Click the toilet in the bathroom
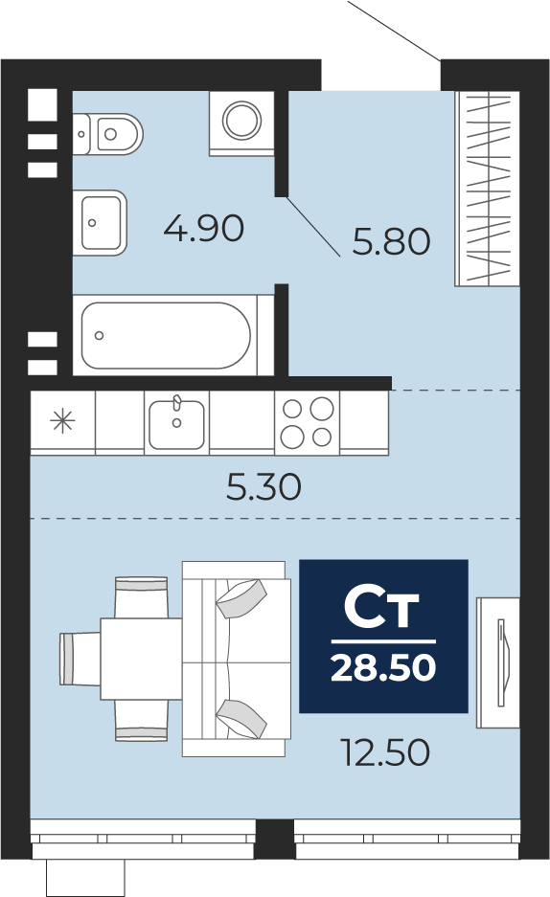(x=107, y=134)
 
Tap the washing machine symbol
(x=241, y=123)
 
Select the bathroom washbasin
(x=100, y=222)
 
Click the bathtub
(x=166, y=335)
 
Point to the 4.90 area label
(x=204, y=228)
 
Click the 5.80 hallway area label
(x=392, y=241)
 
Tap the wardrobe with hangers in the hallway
(x=487, y=189)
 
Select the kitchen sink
(x=176, y=423)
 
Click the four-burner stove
(x=308, y=423)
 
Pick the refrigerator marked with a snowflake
(x=62, y=423)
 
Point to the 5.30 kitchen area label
(x=264, y=487)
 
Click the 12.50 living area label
(x=384, y=752)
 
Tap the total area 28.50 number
(x=383, y=667)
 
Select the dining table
(x=142, y=659)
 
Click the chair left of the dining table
(x=80, y=659)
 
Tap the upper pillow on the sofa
(x=241, y=599)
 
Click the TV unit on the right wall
(x=498, y=663)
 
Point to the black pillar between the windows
(x=275, y=839)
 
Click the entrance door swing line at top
(x=394, y=30)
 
